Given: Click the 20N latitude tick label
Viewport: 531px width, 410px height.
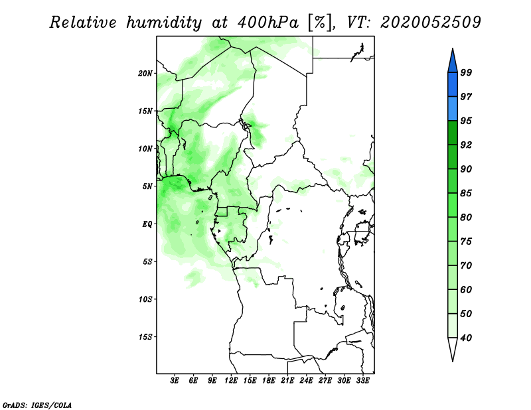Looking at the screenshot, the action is click(145, 74).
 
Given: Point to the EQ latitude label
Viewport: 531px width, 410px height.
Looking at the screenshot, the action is click(147, 224).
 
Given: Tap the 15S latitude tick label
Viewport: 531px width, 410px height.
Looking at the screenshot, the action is click(145, 337).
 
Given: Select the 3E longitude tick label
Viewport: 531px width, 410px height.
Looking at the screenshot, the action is click(175, 380).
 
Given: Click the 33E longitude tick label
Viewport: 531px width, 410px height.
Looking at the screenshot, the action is click(362, 380).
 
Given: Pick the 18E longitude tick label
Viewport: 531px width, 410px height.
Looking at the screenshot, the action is click(269, 380).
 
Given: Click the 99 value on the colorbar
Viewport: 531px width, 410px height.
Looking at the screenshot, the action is click(466, 72).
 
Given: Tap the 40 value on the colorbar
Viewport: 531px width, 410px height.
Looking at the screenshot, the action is click(466, 338).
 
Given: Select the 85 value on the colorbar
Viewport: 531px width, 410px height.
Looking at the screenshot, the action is click(466, 193).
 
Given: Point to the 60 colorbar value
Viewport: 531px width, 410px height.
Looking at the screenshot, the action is click(466, 289).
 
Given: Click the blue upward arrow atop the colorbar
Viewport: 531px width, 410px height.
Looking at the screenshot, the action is click(453, 60).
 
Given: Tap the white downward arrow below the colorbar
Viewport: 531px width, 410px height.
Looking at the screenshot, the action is click(453, 350).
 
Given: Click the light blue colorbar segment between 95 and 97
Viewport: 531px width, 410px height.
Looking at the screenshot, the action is click(453, 109).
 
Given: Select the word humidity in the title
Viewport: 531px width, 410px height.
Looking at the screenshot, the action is click(164, 23).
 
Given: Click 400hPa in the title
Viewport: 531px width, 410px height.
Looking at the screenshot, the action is click(268, 23).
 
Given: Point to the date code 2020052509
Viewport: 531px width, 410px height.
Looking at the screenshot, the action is click(430, 23).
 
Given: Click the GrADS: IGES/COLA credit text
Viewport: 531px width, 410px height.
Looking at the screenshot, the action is click(37, 405).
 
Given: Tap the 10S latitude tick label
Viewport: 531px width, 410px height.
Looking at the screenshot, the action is click(145, 299).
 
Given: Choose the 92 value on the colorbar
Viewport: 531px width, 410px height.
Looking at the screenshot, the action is click(466, 145).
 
